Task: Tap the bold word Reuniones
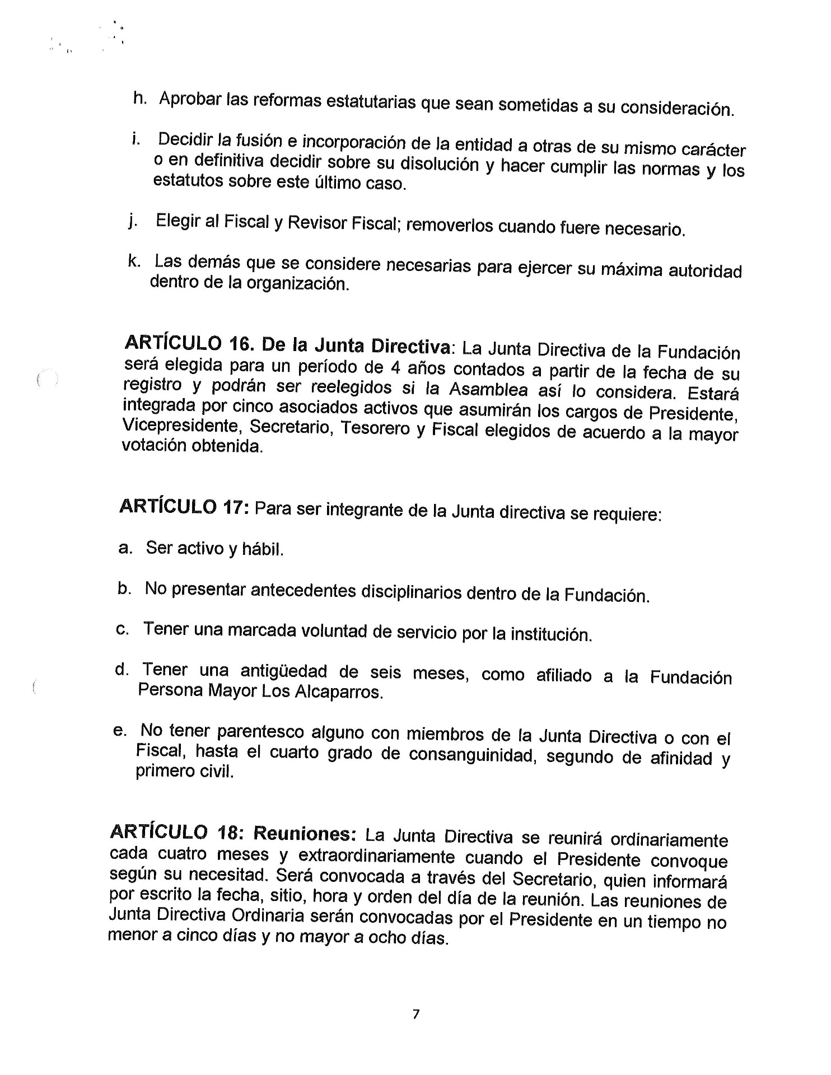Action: tap(305, 833)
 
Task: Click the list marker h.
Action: tap(139, 97)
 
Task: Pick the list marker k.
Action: tap(134, 261)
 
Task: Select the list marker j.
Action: tap(133, 222)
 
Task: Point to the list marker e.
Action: tap(118, 731)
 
